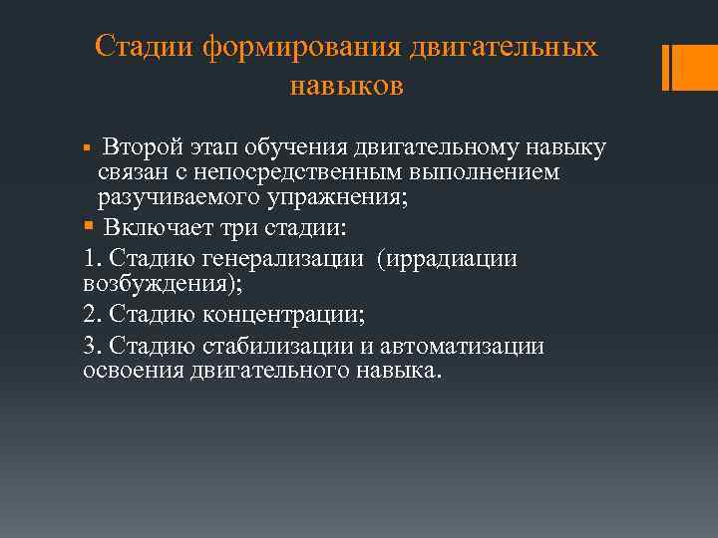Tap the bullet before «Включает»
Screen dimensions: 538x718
90,228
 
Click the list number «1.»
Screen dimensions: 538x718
93,259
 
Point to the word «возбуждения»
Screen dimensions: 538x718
145,283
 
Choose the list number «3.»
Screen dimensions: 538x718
93,348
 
